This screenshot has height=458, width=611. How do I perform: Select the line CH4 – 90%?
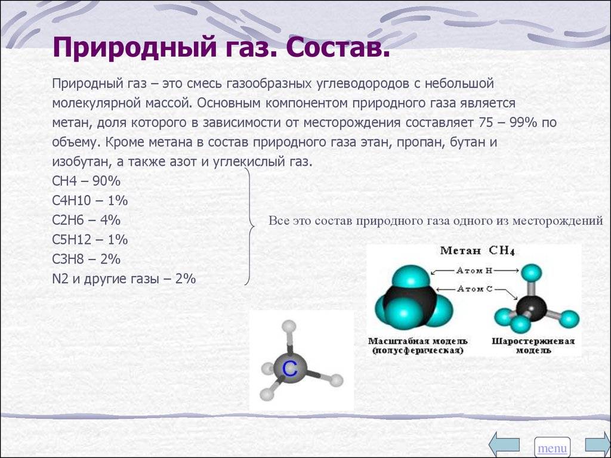[x=86, y=181]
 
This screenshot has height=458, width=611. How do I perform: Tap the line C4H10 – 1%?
[x=90, y=200]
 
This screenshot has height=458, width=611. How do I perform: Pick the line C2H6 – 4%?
[x=86, y=220]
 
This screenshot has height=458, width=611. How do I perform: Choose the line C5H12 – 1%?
[x=90, y=240]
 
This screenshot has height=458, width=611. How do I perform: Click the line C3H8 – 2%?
[x=86, y=259]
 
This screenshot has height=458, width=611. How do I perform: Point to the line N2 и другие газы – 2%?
[x=124, y=279]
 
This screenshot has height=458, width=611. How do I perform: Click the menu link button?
[x=552, y=448]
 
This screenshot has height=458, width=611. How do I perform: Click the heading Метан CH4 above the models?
[x=478, y=250]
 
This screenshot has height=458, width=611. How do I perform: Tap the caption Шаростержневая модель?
[x=533, y=346]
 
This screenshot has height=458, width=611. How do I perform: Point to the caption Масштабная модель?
[x=418, y=342]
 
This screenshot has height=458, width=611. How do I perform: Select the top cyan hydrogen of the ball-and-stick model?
[x=532, y=273]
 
